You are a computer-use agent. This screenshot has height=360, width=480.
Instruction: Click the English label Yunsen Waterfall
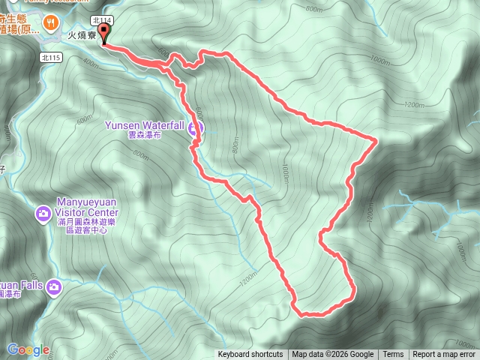pos(144,125)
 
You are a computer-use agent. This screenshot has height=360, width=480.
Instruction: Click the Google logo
pos(28,349)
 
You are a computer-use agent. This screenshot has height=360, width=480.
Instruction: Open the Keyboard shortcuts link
pos(250,355)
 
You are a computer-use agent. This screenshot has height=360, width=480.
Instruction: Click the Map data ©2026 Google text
pos(332,355)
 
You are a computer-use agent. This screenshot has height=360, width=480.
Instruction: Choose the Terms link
pos(393,355)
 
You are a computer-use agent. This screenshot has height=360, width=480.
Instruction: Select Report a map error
pos(444,355)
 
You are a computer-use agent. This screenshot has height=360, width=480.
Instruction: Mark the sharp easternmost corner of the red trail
pos(374,139)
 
